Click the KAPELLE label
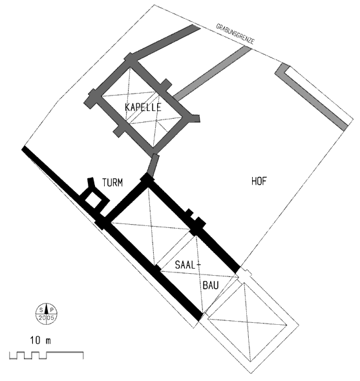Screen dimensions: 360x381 point(143,107)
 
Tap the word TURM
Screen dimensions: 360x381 point(112,183)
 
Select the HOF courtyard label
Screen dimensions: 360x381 point(259,181)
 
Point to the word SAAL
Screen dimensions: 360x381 point(185,265)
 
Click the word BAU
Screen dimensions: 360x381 point(211,285)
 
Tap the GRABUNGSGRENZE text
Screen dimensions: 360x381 point(235,34)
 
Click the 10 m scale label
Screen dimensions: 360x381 point(40,340)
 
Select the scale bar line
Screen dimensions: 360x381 point(47,355)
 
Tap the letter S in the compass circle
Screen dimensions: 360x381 point(41,310)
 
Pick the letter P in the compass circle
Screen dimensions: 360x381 point(52,310)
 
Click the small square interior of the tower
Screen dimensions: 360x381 point(93,201)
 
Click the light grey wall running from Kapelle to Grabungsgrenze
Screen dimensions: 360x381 point(211,73)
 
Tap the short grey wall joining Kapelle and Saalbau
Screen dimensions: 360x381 point(153,165)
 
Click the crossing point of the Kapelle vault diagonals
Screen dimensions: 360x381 point(142,107)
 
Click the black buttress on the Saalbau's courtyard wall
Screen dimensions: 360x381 point(200,223)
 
